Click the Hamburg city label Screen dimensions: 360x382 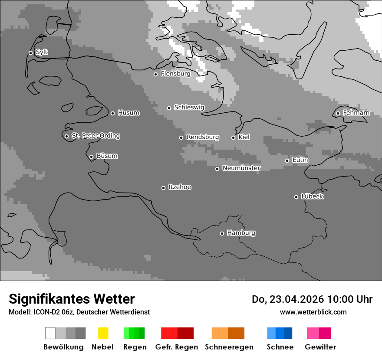(241, 233)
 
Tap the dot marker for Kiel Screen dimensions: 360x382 (233, 137)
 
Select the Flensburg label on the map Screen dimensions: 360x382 (175, 74)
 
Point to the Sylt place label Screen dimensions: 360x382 (42, 52)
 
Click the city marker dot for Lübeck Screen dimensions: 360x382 (296, 197)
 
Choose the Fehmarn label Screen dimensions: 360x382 (356, 113)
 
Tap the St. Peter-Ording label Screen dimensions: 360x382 (95, 136)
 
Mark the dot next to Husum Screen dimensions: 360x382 (112, 113)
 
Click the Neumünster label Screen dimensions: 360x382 (241, 168)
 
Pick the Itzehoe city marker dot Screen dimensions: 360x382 (163, 188)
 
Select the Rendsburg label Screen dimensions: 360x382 (203, 137)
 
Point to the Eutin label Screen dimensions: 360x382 (300, 160)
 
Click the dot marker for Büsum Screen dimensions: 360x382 (91, 157)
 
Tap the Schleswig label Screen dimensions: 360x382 (189, 108)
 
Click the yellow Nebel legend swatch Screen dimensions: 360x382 (103, 333)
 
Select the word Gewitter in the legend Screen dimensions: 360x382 (320, 347)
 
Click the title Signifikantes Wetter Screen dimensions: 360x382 (72, 299)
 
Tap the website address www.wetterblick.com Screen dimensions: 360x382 (313, 312)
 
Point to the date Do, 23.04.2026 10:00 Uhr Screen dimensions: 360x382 (312, 299)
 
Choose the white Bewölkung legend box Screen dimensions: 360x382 (50, 333)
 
